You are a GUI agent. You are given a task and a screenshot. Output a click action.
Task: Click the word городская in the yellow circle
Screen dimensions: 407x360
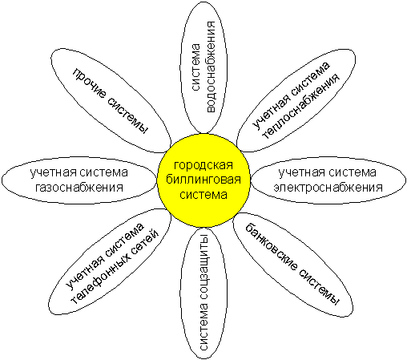pos(203,165)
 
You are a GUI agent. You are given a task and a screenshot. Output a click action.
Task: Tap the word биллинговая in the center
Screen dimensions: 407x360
pos(203,180)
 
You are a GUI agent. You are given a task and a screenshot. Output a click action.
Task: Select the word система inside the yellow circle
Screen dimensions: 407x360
pos(203,194)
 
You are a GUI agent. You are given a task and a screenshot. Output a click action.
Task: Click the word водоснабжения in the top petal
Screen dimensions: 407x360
pos(211,67)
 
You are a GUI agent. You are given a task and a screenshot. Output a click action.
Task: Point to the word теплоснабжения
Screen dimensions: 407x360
pos(301,106)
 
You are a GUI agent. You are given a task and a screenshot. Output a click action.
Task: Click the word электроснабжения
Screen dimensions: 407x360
pos(328,188)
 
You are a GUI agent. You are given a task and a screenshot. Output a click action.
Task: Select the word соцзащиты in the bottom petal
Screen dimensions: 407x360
pos(204,268)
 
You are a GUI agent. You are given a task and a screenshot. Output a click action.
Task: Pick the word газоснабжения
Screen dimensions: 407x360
pos(79,188)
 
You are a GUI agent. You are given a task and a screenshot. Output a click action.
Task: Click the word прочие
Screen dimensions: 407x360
pos(89,83)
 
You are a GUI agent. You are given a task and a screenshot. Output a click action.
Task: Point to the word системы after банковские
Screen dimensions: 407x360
pos(319,287)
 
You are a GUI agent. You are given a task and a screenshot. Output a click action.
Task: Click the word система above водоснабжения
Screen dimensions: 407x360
pos(195,67)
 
